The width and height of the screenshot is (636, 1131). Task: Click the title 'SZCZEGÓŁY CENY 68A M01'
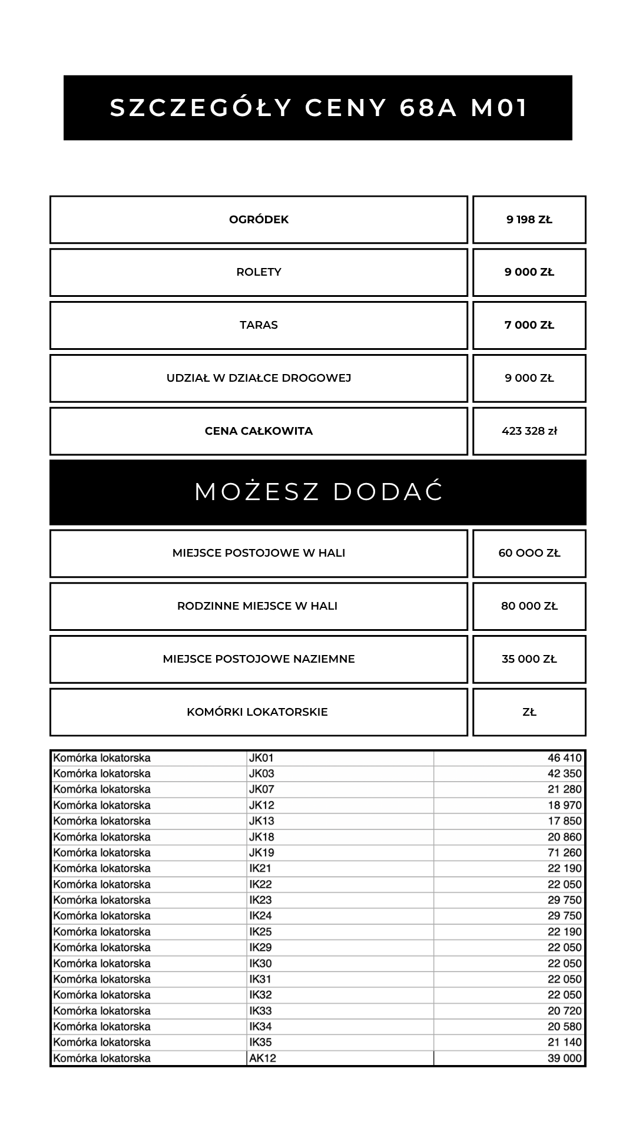pyautogui.click(x=318, y=108)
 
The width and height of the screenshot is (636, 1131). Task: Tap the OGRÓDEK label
pyautogui.click(x=259, y=220)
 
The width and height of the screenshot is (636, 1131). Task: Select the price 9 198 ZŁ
pyautogui.click(x=529, y=220)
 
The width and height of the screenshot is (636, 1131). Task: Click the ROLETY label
pyautogui.click(x=259, y=272)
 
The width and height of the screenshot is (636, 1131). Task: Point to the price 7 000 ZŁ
pyautogui.click(x=529, y=325)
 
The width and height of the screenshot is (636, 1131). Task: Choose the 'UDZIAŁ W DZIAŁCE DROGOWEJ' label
pyautogui.click(x=259, y=378)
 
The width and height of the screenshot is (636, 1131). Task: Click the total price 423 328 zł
pyautogui.click(x=529, y=431)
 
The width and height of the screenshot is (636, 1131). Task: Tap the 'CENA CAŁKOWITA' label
pyautogui.click(x=259, y=431)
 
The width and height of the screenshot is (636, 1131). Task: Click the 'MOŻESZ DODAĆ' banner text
pyautogui.click(x=318, y=492)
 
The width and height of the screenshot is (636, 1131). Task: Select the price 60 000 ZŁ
pyautogui.click(x=529, y=553)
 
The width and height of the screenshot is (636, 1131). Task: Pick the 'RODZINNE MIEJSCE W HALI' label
pyautogui.click(x=257, y=606)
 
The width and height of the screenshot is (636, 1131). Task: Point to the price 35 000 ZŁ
pyautogui.click(x=529, y=659)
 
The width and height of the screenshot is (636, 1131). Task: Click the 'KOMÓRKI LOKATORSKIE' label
pyautogui.click(x=257, y=712)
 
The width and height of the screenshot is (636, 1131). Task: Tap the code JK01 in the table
pyautogui.click(x=261, y=758)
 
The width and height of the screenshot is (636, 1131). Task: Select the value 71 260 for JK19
pyautogui.click(x=564, y=852)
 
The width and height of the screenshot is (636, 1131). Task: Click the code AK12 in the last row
pyautogui.click(x=263, y=1058)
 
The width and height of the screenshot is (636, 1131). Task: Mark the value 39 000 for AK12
pyautogui.click(x=564, y=1058)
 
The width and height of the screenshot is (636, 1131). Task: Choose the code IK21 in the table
pyautogui.click(x=260, y=868)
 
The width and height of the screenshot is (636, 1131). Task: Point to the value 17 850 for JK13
pyautogui.click(x=564, y=821)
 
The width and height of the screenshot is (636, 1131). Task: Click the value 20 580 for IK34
pyautogui.click(x=564, y=1026)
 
